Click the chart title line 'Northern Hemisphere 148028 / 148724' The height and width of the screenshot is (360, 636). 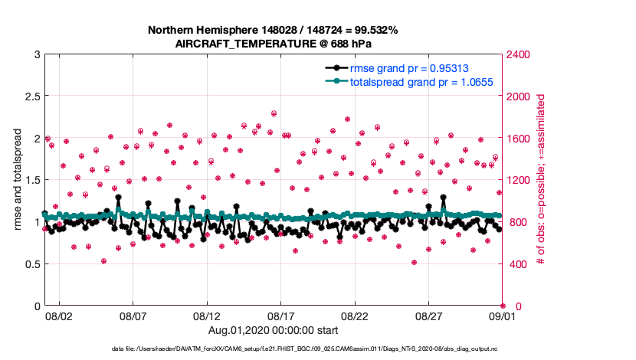point(273,30)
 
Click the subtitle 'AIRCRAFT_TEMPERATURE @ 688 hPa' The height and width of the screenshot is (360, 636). point(273,43)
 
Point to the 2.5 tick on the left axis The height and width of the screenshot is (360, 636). point(28,97)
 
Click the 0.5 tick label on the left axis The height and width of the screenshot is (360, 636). point(28,264)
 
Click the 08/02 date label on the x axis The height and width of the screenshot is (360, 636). point(59,316)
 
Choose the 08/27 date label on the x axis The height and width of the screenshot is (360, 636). point(429,316)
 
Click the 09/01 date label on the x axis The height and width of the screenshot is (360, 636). point(503,316)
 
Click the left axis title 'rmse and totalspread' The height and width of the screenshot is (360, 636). point(16,180)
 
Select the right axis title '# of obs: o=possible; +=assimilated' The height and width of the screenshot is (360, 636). point(541,180)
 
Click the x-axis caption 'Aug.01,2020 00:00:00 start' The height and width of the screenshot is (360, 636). point(273,330)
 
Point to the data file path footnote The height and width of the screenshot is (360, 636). point(305,349)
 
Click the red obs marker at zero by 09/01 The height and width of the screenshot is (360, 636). point(503,306)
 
